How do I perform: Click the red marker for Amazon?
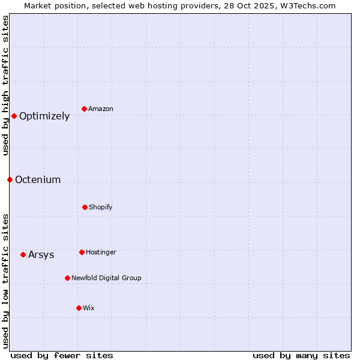click(x=85, y=109)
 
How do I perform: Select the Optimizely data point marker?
click(x=14, y=116)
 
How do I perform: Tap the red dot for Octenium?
click(x=10, y=179)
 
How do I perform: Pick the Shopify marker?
click(x=85, y=207)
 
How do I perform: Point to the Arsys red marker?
click(x=23, y=254)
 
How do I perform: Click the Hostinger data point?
click(x=82, y=252)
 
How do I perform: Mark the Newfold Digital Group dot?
click(x=67, y=278)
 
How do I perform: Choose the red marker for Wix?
click(x=79, y=308)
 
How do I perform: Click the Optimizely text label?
click(x=44, y=116)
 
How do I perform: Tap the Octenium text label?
click(x=38, y=180)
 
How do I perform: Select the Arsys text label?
click(x=41, y=255)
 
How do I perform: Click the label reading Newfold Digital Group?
click(x=106, y=278)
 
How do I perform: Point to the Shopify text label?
click(x=100, y=208)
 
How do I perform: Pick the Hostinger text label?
click(x=101, y=253)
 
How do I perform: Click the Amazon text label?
click(x=100, y=109)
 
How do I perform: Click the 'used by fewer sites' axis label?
click(x=62, y=355)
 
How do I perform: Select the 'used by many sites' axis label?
click(x=301, y=355)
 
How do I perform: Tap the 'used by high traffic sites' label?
click(x=5, y=85)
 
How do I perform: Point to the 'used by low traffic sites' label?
click(x=5, y=281)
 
